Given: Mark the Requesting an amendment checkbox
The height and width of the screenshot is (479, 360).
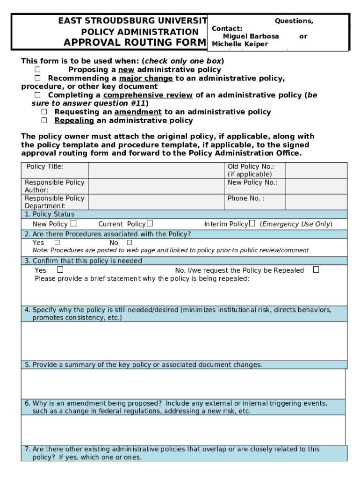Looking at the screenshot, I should coord(44,112).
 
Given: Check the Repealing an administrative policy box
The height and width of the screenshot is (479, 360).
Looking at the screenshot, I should coord(44,120).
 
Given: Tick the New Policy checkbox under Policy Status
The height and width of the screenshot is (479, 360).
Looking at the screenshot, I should coord(74,224).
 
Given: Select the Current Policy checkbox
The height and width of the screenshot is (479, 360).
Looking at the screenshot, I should coord(150,224).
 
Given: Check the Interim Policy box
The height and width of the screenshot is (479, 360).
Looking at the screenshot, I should coord(252,224).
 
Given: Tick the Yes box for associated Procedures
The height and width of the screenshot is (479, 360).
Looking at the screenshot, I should coord(57,243).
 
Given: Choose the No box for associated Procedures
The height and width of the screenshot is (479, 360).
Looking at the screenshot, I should coord(130,243).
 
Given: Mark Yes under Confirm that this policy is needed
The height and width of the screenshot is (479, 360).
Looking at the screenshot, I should coord(60,270).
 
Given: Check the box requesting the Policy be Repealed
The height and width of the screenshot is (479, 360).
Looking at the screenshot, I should coord(316,270).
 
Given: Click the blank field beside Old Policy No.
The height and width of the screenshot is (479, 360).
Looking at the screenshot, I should coord(316,170).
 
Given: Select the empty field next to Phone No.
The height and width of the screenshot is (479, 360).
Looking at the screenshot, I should coord(316,202).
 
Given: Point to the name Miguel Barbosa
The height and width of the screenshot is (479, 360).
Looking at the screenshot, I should coord(251,36).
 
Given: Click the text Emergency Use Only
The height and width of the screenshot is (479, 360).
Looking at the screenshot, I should coord(296,224).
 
